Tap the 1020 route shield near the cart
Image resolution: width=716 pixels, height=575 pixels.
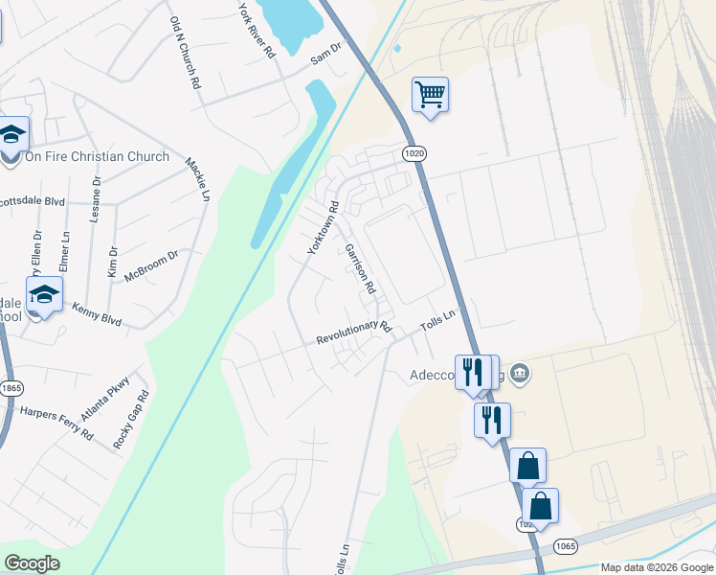click(x=413, y=152)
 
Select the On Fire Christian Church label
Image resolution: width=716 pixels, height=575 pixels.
click(x=97, y=156)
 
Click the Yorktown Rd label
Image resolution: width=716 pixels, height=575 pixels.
click(x=323, y=227)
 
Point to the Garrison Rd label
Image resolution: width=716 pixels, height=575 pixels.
click(x=360, y=267)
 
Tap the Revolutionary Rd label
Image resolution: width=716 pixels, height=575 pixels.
click(x=354, y=333)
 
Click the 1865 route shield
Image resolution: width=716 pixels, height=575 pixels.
click(x=11, y=386)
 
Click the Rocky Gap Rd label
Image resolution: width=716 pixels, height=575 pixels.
click(x=132, y=420)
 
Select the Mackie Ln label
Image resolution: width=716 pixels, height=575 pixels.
click(x=197, y=180)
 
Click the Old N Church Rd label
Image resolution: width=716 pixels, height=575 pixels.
click(x=185, y=53)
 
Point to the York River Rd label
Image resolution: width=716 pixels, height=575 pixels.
click(x=257, y=29)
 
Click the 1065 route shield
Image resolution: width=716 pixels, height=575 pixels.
click(x=565, y=545)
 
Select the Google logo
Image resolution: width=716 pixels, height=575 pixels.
click(x=32, y=563)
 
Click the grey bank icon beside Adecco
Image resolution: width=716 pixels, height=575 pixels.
click(x=520, y=372)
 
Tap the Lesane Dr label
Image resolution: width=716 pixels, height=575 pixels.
click(x=96, y=198)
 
